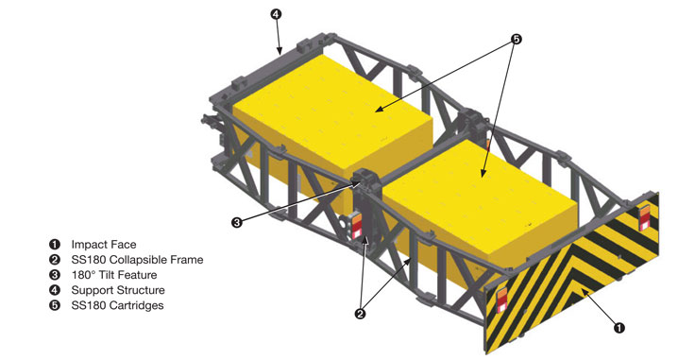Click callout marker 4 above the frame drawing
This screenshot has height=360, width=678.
276,14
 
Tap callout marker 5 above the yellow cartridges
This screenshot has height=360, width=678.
516,40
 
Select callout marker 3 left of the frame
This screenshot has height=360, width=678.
236,223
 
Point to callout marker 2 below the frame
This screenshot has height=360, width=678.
360,314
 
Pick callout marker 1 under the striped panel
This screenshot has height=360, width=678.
619,328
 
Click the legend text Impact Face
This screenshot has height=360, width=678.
104,245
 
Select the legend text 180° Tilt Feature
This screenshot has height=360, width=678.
114,275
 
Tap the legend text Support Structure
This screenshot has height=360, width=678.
118,290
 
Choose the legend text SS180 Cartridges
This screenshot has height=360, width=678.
118,305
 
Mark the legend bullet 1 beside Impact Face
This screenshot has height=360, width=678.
55,245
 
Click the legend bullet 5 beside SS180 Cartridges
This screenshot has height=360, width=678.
55,305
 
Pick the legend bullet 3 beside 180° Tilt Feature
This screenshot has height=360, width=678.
55,275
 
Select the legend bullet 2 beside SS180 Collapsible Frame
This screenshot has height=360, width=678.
55,260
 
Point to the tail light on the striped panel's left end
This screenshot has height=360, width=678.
502,300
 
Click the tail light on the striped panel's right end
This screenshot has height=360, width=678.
644,218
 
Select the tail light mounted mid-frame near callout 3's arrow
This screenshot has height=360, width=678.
357,226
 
